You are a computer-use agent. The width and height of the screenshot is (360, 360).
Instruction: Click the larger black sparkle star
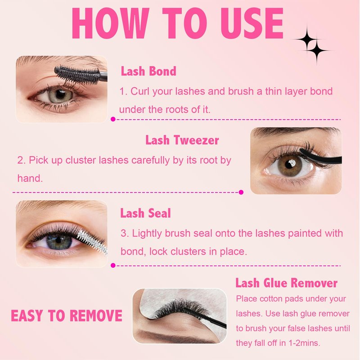coord(307,39)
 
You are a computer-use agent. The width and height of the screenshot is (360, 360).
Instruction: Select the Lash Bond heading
coord(148,71)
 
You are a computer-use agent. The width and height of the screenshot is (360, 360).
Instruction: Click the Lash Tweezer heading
coord(182,140)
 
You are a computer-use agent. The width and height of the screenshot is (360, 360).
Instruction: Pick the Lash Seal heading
coord(145,213)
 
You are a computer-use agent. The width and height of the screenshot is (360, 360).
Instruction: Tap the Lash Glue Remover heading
coord(286,283)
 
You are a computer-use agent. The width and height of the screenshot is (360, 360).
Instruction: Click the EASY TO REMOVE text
coord(67,316)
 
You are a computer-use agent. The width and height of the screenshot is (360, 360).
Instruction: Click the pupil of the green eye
coord(61,94)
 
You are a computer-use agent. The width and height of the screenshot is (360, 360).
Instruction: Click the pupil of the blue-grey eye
coord(58,240)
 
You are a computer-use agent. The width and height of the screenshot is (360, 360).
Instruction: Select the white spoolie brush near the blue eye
coord(92,243)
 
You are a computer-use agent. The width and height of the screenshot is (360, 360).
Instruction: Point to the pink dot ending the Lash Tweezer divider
coord(241,192)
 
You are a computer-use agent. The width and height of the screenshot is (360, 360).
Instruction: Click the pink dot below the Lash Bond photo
coord(113,119)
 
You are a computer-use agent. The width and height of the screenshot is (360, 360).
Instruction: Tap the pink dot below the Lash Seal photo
coord(113,265)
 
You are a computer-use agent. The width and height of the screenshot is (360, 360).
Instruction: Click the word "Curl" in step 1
coord(140,91)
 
